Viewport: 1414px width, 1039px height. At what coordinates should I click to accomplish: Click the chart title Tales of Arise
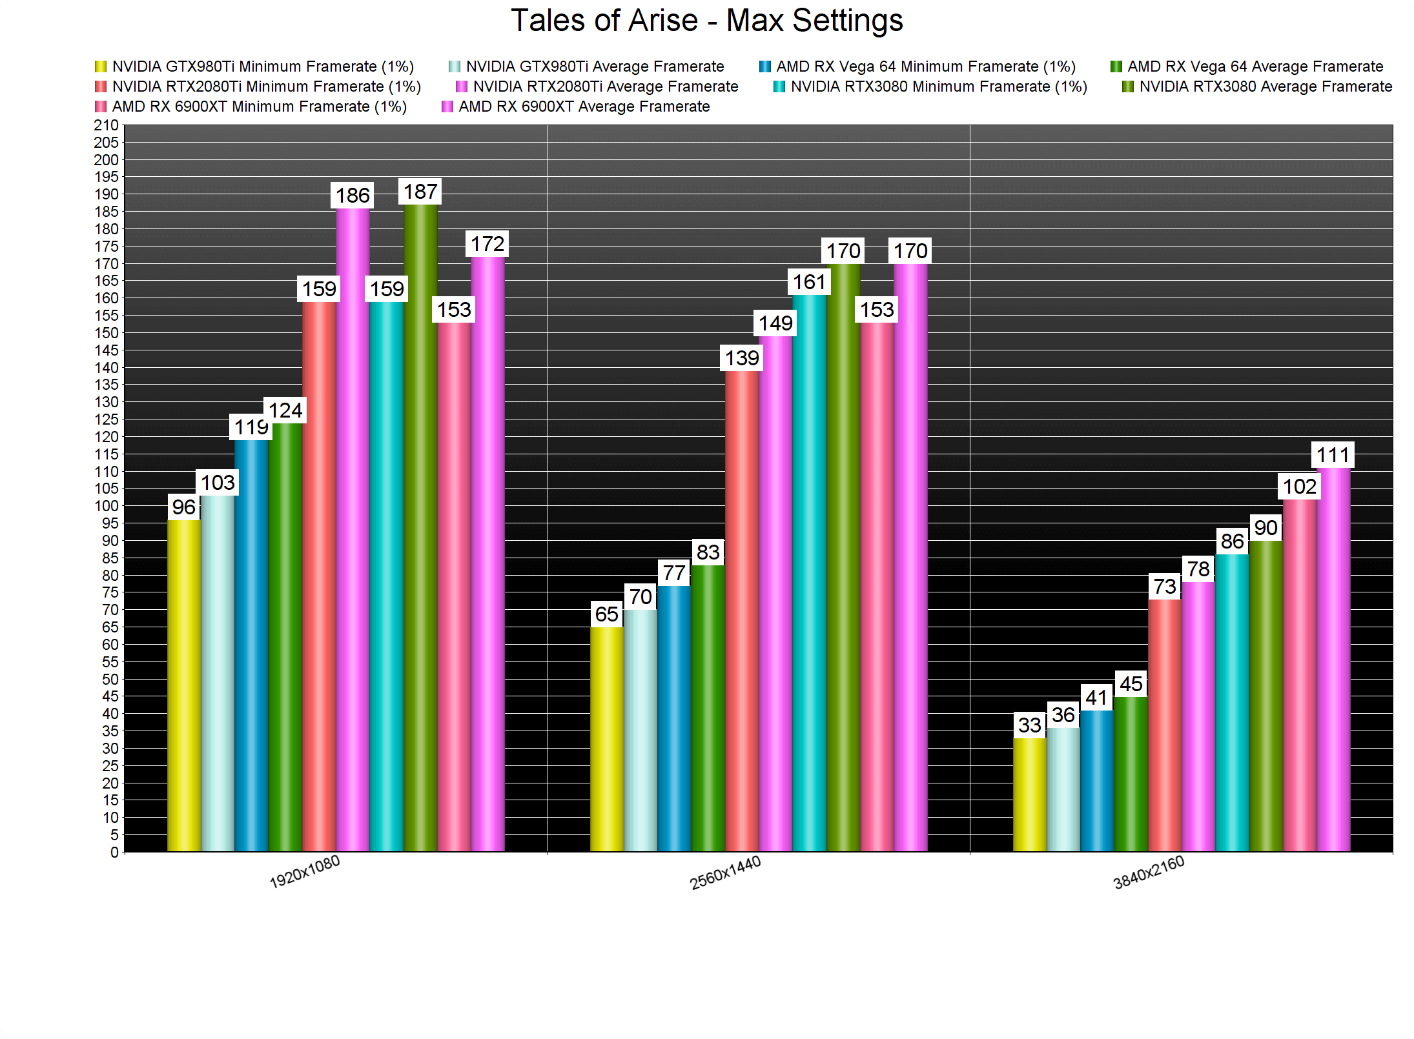click(x=706, y=21)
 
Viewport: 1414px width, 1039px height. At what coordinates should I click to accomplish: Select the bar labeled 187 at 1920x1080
click(x=420, y=528)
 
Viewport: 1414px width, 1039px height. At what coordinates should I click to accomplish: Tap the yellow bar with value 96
click(x=184, y=685)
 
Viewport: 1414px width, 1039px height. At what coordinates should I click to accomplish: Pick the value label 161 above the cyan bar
click(x=809, y=282)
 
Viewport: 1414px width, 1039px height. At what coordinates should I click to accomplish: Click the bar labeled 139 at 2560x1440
click(x=742, y=611)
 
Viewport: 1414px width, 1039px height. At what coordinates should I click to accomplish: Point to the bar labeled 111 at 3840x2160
click(x=1333, y=660)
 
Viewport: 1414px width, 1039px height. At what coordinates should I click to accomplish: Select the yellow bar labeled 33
click(x=1030, y=794)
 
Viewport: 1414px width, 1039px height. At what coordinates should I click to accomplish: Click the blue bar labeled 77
click(x=674, y=718)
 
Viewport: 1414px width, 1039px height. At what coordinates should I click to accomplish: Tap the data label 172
click(x=487, y=244)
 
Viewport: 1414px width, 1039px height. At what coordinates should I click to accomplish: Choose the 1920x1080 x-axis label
click(x=305, y=873)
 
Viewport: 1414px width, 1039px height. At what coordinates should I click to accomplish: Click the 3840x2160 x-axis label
click(x=1149, y=873)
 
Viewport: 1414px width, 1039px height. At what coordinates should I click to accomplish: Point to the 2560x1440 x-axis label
click(x=725, y=873)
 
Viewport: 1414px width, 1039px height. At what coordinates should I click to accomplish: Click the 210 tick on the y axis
click(x=107, y=125)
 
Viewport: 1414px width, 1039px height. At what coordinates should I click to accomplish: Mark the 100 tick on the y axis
click(x=107, y=506)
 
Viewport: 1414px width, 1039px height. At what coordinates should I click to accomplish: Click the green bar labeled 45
click(x=1131, y=774)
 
